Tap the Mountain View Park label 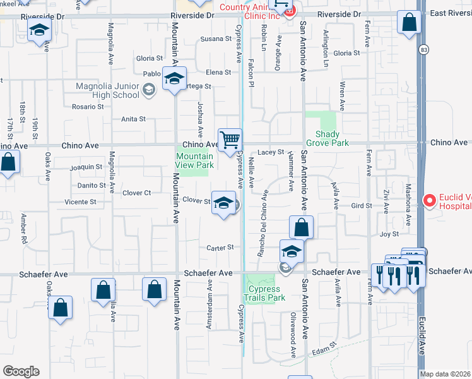(194, 160)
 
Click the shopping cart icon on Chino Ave (230, 140)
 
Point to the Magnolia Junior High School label (107, 90)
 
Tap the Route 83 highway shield (421, 48)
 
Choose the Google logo (21, 371)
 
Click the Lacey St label (271, 152)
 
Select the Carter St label (222, 248)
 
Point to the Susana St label (216, 39)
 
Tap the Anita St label (133, 119)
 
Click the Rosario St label (87, 107)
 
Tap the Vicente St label (80, 202)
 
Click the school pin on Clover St (223, 203)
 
